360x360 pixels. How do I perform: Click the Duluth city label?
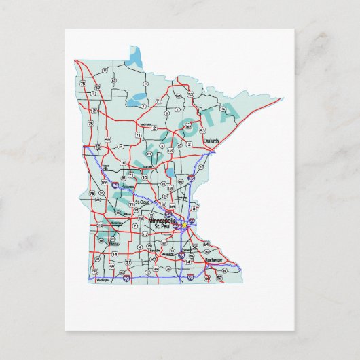(211, 141)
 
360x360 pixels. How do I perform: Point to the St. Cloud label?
(142, 202)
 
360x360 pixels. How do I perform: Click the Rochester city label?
(213, 260)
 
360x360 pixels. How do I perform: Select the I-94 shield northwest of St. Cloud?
(115, 185)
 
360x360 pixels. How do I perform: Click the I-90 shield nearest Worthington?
(127, 276)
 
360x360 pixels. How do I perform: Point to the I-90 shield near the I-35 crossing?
(190, 277)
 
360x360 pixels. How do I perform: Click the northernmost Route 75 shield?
(82, 83)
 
